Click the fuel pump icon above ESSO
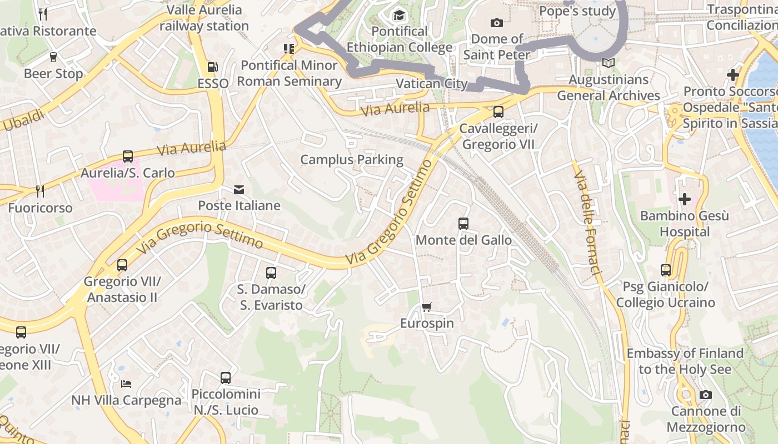(212, 67)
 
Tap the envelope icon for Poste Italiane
(239, 190)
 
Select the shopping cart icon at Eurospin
(427, 307)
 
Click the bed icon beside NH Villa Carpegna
(126, 384)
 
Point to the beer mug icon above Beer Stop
(53, 57)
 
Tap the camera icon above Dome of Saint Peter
(497, 23)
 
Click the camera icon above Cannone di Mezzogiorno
(706, 395)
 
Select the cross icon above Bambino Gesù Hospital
(685, 199)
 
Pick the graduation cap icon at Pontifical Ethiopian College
(399, 15)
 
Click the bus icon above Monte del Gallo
(463, 224)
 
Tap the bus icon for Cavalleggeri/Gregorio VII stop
(498, 112)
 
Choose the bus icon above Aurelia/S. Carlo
(128, 157)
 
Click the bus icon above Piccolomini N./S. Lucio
(226, 378)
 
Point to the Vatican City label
(432, 84)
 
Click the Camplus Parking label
(352, 160)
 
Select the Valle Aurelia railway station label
(204, 18)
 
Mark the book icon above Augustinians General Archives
(609, 63)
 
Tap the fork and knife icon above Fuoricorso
(40, 191)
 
